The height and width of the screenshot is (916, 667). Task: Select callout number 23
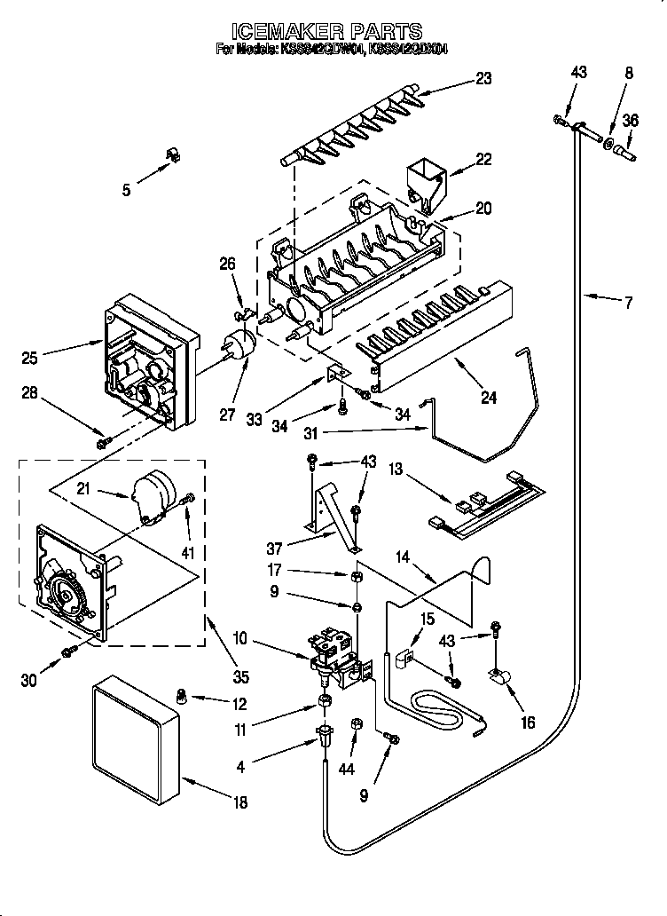point(483,78)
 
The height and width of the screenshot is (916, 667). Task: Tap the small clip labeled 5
point(172,156)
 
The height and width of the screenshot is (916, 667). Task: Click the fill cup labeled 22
point(424,182)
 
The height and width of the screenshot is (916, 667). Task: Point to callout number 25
point(31,359)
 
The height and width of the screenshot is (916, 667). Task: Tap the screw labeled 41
point(187,504)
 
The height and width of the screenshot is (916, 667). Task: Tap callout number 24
point(488,373)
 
